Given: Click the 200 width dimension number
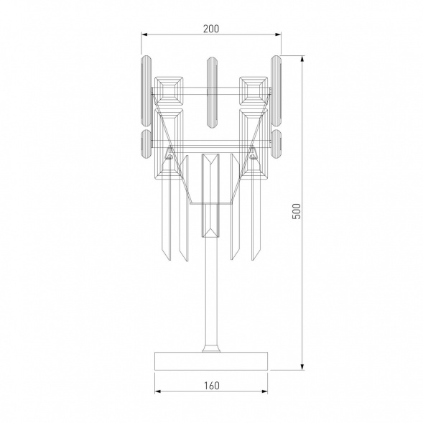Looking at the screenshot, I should [210, 29].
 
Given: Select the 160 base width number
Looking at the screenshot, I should [211, 385].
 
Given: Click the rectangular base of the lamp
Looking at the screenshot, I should [211, 361].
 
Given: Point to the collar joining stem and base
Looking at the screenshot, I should [211, 348].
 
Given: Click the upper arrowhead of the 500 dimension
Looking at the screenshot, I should [302, 57].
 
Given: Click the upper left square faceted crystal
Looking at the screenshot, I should [169, 89].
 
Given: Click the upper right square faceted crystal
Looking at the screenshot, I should [253, 89].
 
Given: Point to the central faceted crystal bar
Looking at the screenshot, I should [211, 194].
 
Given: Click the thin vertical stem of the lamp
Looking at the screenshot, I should [211, 287].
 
